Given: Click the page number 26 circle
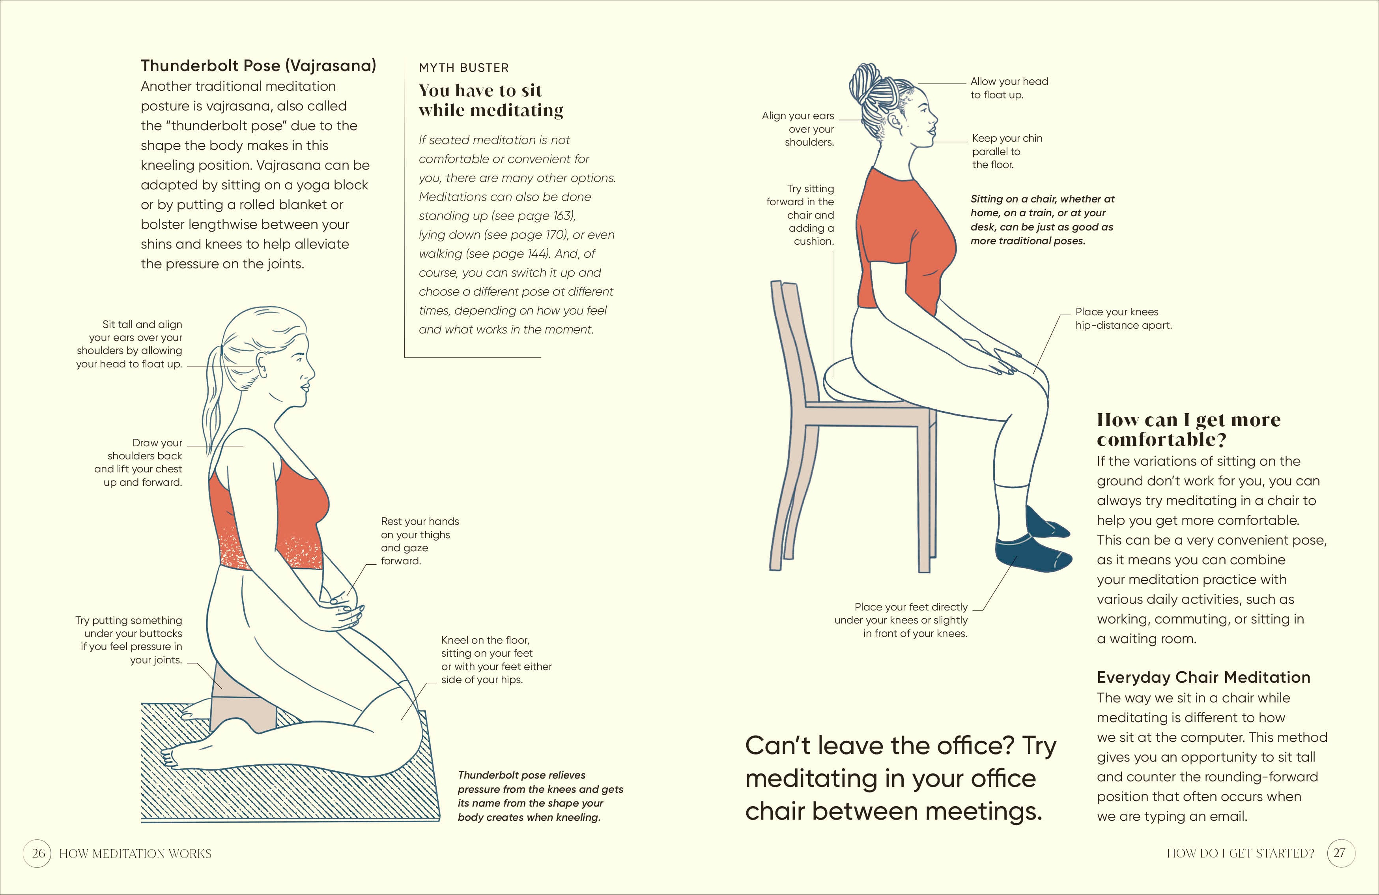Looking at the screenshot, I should pyautogui.click(x=37, y=853).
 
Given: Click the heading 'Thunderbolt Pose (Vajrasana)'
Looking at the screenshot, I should pyautogui.click(x=258, y=66).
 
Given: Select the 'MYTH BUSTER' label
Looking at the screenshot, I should pyautogui.click(x=463, y=68).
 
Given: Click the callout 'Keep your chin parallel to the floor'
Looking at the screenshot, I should pyautogui.click(x=1007, y=151).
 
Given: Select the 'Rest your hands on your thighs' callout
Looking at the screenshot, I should pyautogui.click(x=419, y=541).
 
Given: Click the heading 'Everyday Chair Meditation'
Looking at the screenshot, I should pyautogui.click(x=1203, y=677).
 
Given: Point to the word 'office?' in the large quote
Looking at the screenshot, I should pyautogui.click(x=976, y=745).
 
